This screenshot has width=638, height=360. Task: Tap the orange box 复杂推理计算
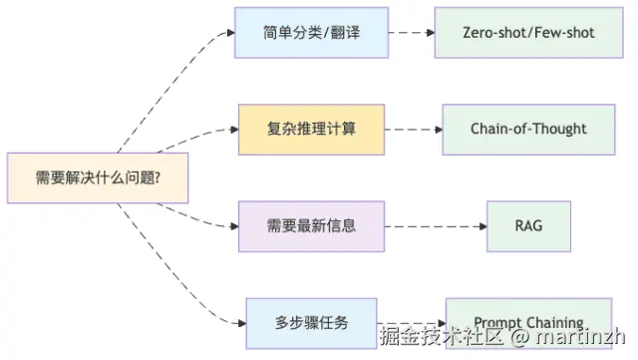pos(311,129)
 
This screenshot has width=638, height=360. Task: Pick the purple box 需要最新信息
pos(311,225)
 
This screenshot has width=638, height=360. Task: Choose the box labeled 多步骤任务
pos(311,322)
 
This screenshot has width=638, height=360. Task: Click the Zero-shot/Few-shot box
pos(528,32)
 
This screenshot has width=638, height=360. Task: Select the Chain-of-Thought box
pos(528,129)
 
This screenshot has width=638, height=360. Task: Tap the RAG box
pos(528,225)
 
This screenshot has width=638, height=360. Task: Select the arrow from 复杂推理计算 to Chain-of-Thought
pos(413,129)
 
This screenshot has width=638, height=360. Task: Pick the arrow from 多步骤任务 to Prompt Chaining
pos(411,322)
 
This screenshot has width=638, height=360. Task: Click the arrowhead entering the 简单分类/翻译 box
pos(230,33)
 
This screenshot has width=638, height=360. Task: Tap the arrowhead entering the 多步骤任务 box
pos(241,322)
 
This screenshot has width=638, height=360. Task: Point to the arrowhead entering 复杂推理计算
pos(234,129)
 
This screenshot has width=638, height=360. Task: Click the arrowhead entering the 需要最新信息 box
pos(234,225)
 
